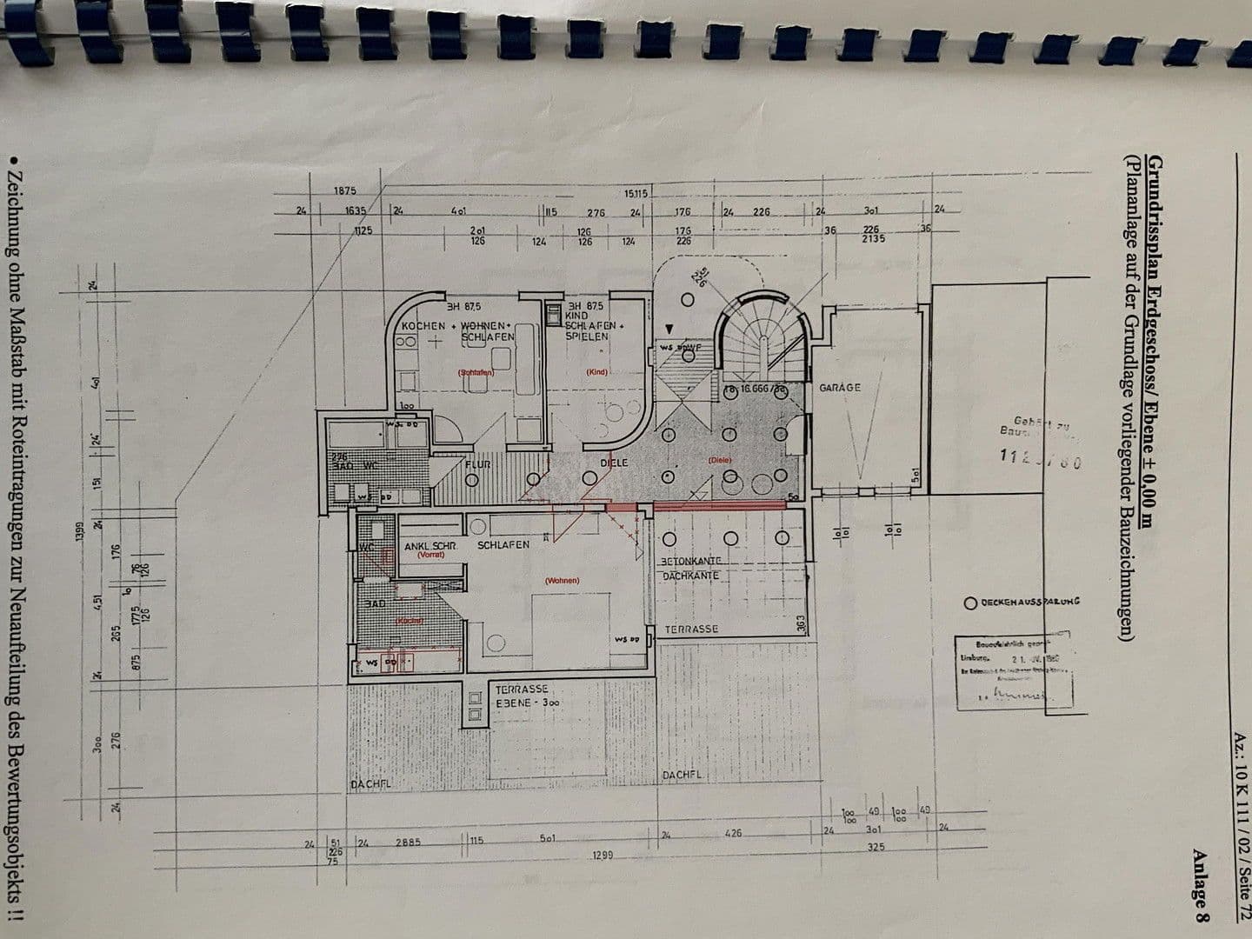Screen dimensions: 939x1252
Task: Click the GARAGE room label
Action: pos(839,388)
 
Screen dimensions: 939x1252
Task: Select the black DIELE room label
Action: pos(614,463)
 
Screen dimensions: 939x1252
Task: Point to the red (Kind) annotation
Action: pos(596,372)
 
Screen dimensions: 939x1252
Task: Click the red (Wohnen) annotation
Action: pos(562,581)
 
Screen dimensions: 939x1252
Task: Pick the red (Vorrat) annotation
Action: pos(430,555)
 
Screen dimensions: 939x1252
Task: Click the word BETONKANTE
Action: pos(692,562)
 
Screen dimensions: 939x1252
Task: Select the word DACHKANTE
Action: pos(689,576)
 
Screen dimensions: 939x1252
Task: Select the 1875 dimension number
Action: pos(344,191)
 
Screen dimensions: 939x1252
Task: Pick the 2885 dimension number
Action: pos(408,842)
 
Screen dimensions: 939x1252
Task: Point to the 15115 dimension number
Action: pos(636,193)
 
